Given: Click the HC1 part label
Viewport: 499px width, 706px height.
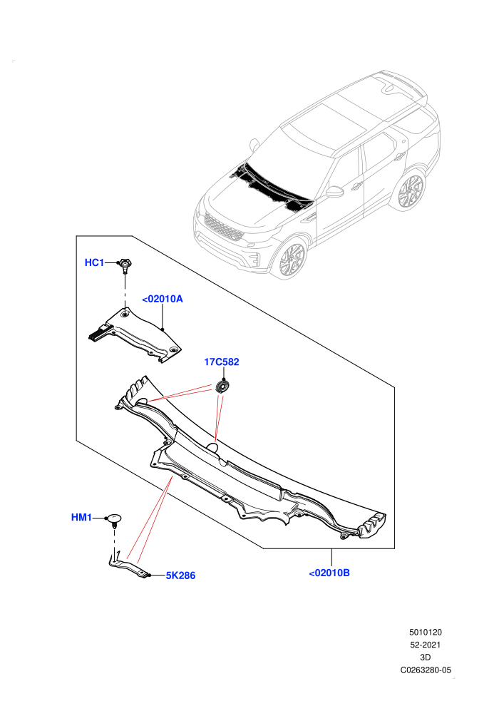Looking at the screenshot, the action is pyautogui.click(x=94, y=262).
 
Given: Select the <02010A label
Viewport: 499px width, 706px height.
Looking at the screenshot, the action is pyautogui.click(x=163, y=299).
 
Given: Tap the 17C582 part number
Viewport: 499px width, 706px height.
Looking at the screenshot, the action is pyautogui.click(x=222, y=362).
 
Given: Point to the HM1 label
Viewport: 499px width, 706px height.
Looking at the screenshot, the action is pyautogui.click(x=81, y=518).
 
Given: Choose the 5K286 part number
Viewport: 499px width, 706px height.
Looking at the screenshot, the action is pyautogui.click(x=180, y=575).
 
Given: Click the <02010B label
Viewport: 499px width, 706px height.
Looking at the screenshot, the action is pyautogui.click(x=329, y=573).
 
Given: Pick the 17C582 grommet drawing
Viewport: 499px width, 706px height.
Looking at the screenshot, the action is pyautogui.click(x=222, y=387).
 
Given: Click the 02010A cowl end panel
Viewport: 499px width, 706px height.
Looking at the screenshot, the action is pyautogui.click(x=135, y=334).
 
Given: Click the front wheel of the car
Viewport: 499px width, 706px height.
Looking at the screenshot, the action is pyautogui.click(x=292, y=260).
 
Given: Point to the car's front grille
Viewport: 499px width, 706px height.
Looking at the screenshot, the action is pyautogui.click(x=224, y=227).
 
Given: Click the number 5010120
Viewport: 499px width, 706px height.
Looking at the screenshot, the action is pyautogui.click(x=426, y=632).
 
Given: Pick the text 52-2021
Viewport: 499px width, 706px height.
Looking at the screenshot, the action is pyautogui.click(x=426, y=645).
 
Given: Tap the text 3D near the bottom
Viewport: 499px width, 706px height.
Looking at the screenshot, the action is pyautogui.click(x=426, y=658).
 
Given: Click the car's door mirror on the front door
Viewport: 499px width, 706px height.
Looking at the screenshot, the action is pyautogui.click(x=334, y=191).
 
